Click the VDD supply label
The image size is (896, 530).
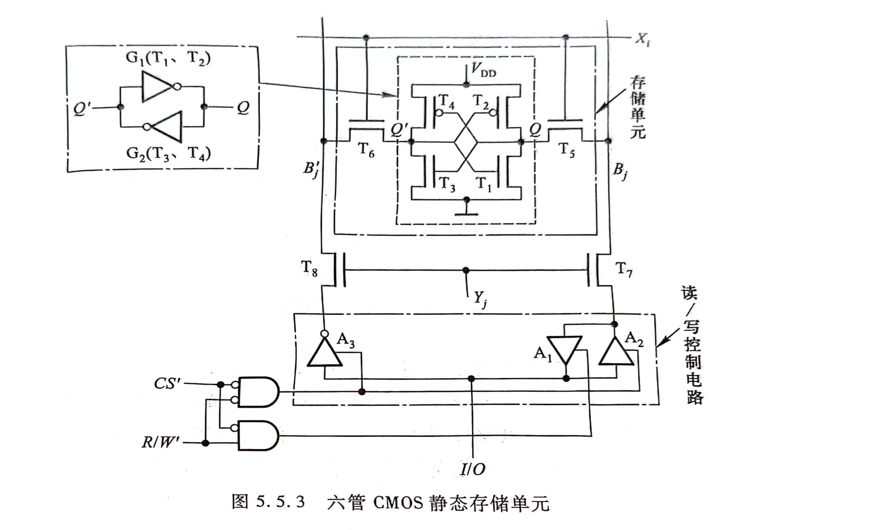(x=484, y=70)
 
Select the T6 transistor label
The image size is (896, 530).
(x=366, y=150)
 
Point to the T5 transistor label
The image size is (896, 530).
(x=566, y=150)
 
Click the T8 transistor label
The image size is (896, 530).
(x=309, y=268)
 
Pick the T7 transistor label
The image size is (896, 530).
(x=624, y=270)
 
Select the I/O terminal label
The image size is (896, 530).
(x=473, y=469)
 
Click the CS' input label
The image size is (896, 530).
(x=167, y=384)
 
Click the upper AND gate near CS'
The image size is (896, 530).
(x=258, y=392)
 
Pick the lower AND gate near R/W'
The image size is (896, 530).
(x=258, y=435)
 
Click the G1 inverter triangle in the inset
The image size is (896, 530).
(x=157, y=86)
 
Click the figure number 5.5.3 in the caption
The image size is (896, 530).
(x=280, y=502)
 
